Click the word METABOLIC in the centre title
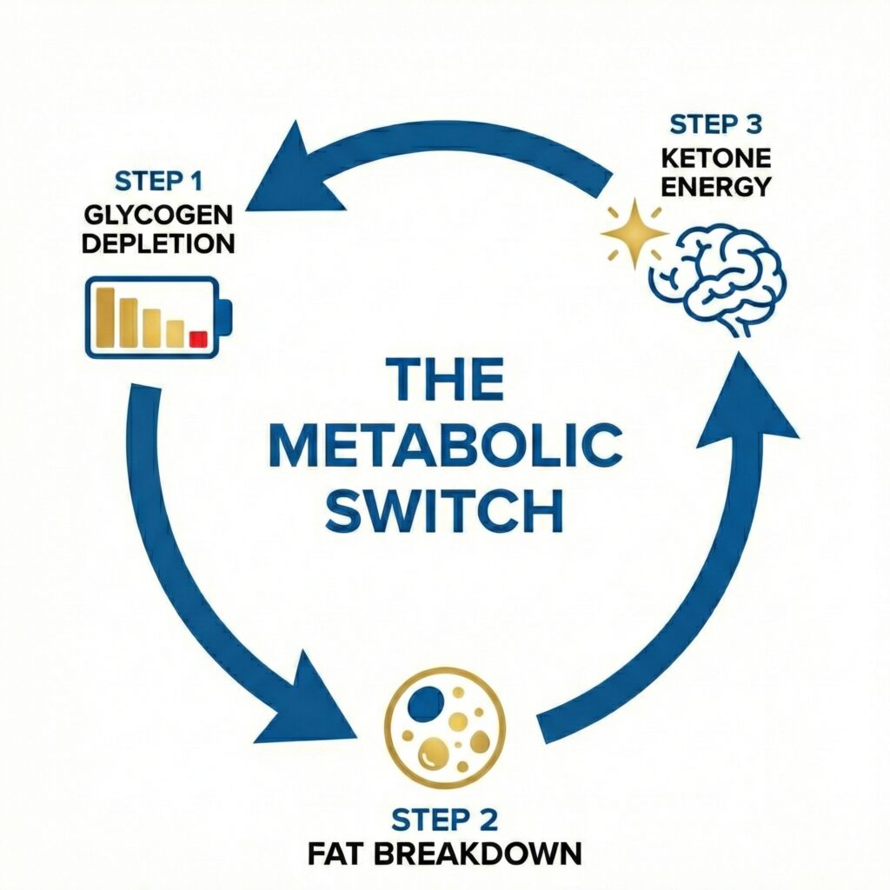(444, 446)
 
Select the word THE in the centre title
(444, 381)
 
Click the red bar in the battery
(196, 338)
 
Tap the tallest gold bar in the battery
(106, 318)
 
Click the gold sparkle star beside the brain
(634, 234)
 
